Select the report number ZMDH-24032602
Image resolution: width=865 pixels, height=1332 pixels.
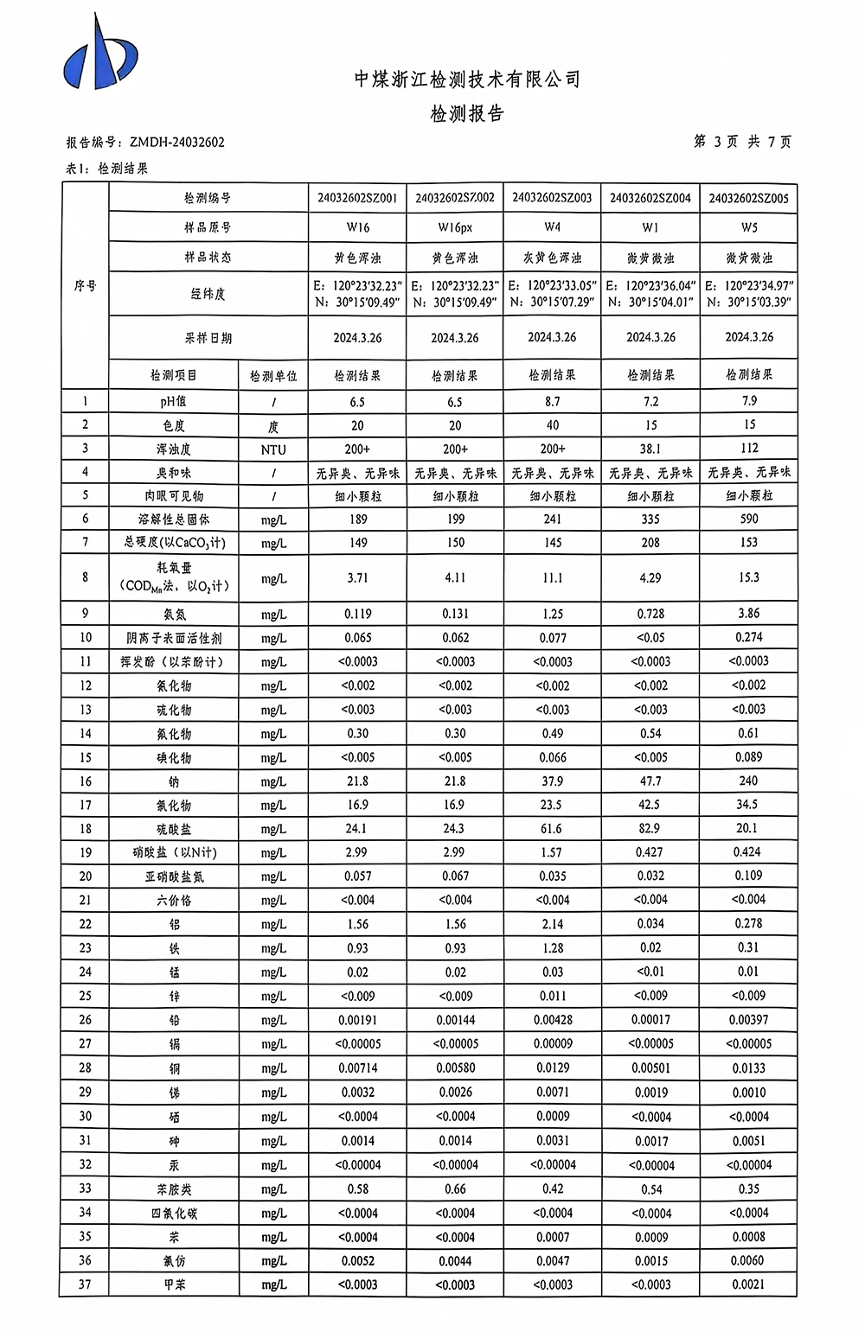click(x=176, y=142)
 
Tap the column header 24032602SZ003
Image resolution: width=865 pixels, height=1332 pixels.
click(x=552, y=198)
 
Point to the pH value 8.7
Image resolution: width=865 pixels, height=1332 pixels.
click(x=552, y=401)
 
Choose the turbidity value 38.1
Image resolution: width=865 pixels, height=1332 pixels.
click(x=650, y=449)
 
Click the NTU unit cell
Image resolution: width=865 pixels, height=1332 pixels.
click(x=273, y=449)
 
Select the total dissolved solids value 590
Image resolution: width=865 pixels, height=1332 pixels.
click(x=749, y=519)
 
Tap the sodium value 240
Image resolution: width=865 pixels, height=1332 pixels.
click(x=749, y=781)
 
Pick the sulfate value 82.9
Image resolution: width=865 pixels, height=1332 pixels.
click(x=650, y=828)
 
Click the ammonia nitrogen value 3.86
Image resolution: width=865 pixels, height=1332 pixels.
click(x=749, y=613)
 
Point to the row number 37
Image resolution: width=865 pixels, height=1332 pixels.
click(x=85, y=1284)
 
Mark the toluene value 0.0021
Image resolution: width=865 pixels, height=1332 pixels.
click(x=749, y=1284)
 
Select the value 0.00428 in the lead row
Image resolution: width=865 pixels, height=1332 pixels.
click(x=552, y=1019)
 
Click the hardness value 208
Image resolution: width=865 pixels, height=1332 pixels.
click(x=650, y=543)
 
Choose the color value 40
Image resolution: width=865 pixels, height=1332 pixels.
click(x=552, y=425)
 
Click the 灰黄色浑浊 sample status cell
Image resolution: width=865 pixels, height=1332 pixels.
click(x=552, y=258)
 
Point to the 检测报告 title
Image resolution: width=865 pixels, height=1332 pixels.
click(x=467, y=113)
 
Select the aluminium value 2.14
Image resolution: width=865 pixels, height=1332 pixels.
click(x=552, y=923)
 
